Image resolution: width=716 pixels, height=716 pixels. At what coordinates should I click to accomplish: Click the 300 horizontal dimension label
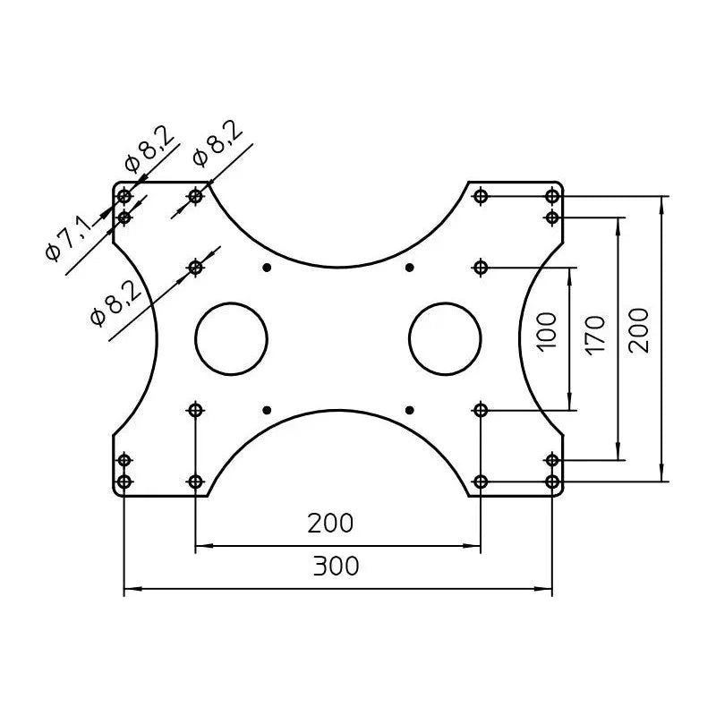pyautogui.click(x=337, y=567)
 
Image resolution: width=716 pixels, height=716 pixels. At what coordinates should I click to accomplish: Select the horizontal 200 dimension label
pyautogui.click(x=330, y=524)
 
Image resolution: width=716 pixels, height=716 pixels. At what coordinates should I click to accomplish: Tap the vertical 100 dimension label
pyautogui.click(x=547, y=332)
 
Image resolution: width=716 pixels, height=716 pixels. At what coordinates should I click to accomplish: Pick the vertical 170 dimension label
pyautogui.click(x=595, y=336)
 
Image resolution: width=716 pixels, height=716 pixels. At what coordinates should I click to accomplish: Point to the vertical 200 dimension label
pyautogui.click(x=638, y=330)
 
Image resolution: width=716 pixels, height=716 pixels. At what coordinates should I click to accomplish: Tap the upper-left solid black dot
pyautogui.click(x=267, y=267)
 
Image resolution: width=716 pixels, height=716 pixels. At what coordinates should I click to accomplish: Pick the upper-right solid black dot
pyautogui.click(x=410, y=267)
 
